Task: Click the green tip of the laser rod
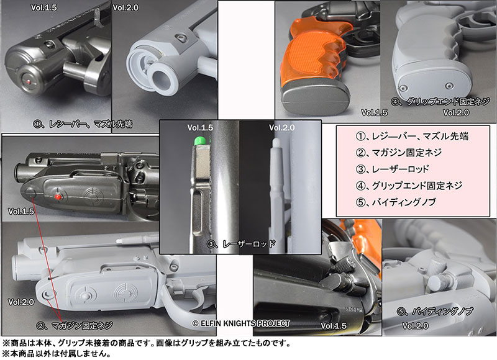click(199, 141)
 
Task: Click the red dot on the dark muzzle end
click(29, 82)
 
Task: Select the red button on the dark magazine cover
click(57, 197)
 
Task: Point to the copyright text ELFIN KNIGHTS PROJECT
click(241, 323)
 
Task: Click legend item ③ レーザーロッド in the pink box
click(392, 169)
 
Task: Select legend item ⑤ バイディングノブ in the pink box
click(396, 202)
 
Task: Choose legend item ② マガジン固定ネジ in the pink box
click(399, 153)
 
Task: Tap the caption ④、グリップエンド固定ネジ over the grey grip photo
click(440, 102)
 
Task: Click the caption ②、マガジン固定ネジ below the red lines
click(75, 325)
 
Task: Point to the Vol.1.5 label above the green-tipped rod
click(200, 128)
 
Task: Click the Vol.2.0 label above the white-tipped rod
click(282, 128)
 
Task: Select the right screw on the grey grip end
click(449, 86)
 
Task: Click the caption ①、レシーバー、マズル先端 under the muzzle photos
click(83, 124)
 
